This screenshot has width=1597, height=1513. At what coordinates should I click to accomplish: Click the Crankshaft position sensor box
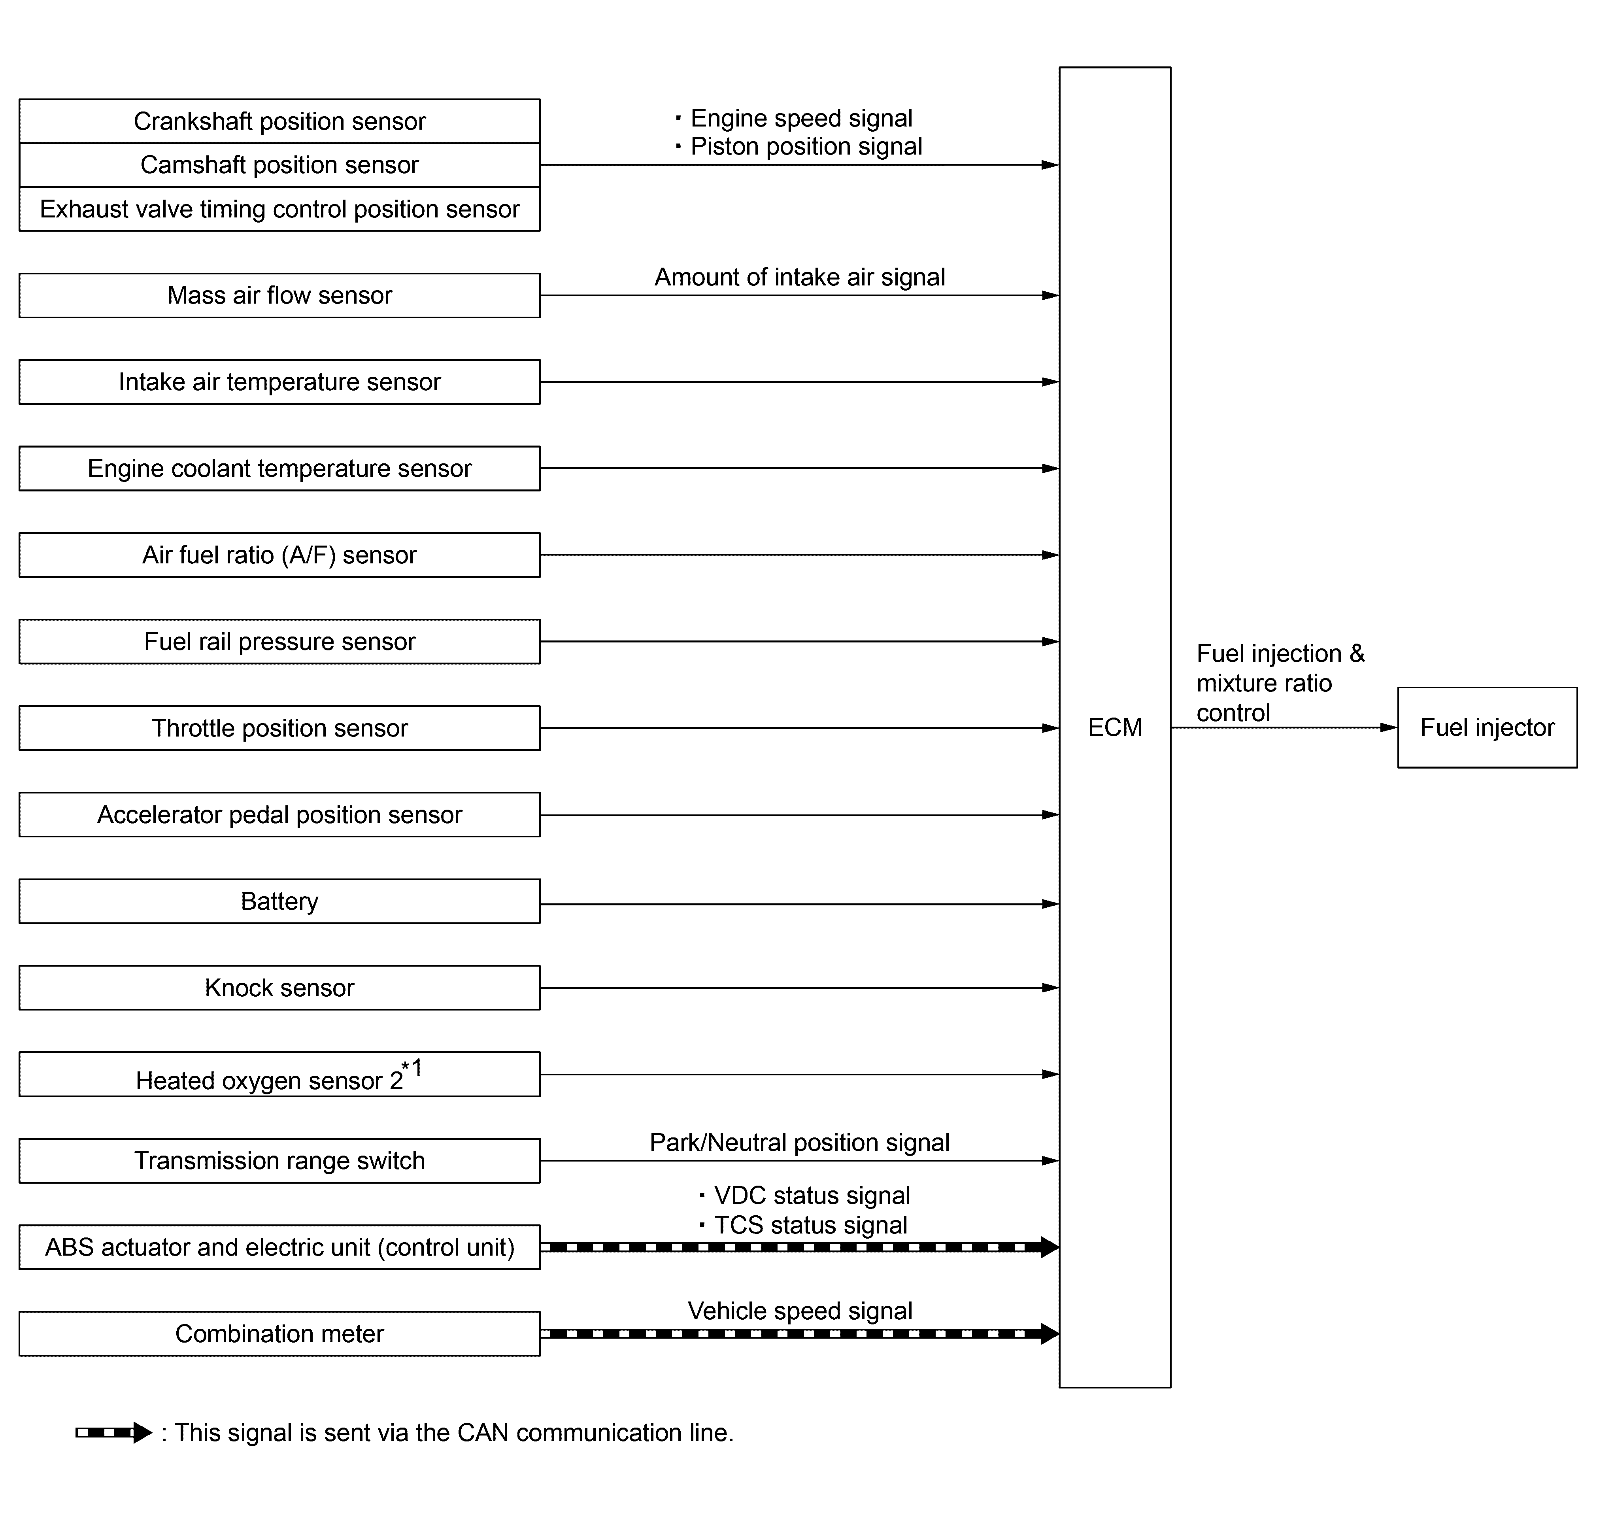coord(279,121)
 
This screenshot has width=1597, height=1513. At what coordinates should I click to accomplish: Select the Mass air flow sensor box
coord(279,295)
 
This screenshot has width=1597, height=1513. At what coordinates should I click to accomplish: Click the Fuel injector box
coord(1488,727)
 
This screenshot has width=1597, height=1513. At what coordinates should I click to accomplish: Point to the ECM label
coord(1115,727)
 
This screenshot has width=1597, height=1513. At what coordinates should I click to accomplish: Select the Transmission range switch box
coord(279,1161)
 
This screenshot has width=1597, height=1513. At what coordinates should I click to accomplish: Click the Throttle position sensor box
coord(279,728)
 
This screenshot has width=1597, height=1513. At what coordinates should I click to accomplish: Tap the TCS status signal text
coord(811,1225)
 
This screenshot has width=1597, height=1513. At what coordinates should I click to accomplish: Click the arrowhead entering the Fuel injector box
coord(1389,727)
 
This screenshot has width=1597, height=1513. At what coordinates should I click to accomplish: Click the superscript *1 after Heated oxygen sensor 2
coord(412,1069)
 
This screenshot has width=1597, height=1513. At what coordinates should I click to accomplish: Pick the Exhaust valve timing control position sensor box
coord(279,209)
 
